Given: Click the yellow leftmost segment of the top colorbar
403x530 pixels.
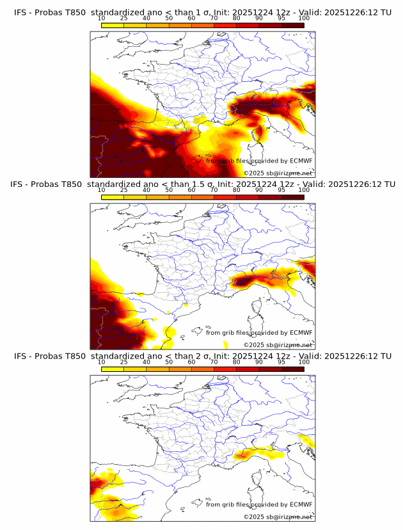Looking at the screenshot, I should click(x=112, y=24).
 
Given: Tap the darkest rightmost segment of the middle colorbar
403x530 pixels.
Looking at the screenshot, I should click(x=293, y=197).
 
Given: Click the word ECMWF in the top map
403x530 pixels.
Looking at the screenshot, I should click(x=301, y=161).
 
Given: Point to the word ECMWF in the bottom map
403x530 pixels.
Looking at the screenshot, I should click(x=301, y=504).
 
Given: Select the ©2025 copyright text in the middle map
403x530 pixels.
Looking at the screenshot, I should click(x=278, y=345).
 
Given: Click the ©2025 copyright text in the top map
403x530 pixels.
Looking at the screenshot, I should click(x=278, y=173).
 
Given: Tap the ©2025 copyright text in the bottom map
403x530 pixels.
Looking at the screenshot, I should click(x=278, y=517).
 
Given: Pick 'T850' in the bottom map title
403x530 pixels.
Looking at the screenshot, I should click(x=74, y=356).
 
